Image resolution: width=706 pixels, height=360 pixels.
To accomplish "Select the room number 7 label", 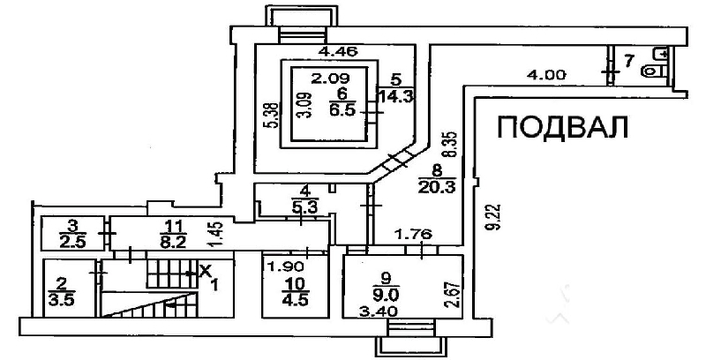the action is click(x=629, y=59).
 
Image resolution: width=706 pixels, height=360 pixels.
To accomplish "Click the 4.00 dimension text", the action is click(x=547, y=75).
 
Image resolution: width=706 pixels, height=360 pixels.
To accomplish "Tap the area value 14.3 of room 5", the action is click(x=396, y=95).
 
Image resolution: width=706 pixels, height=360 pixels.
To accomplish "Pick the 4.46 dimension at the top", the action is click(x=338, y=52).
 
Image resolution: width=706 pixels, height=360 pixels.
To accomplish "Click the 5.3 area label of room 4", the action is click(x=305, y=208).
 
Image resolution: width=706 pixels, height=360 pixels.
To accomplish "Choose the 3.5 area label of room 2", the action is click(x=59, y=298).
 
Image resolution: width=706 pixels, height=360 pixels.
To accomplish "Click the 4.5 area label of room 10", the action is click(x=296, y=299).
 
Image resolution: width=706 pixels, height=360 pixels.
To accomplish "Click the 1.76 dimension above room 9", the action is click(x=413, y=235).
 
